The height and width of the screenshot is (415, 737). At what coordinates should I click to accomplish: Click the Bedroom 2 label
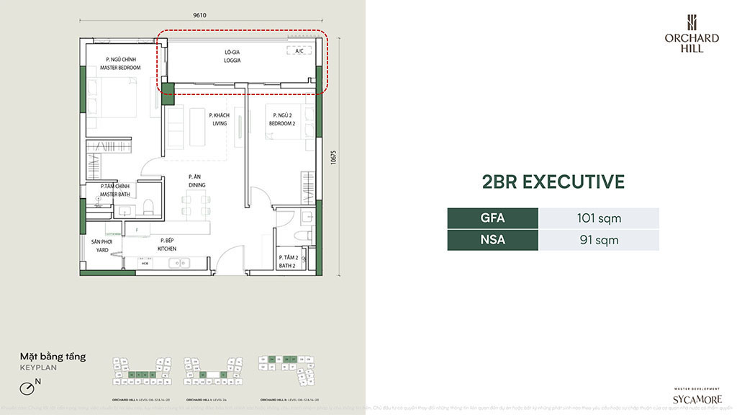(280, 120)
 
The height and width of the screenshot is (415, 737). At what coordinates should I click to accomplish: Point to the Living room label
(219, 120)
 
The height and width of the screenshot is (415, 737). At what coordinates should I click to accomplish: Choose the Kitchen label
(167, 245)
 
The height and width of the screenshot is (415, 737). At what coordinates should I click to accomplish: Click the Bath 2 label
(289, 262)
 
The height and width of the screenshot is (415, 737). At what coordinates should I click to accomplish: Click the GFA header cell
(492, 218)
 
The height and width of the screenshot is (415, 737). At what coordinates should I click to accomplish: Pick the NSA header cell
(492, 240)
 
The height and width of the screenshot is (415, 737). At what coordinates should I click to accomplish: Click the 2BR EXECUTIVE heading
(553, 182)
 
